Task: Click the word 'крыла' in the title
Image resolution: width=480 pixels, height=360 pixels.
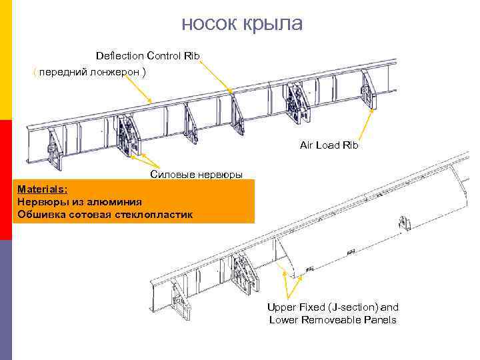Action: tap(274, 23)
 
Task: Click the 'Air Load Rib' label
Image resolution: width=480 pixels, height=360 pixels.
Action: tap(329, 145)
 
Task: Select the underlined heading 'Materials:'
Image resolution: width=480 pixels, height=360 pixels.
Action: tap(43, 189)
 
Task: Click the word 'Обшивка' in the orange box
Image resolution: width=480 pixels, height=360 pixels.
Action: tap(41, 215)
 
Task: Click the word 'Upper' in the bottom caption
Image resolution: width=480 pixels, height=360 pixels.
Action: tap(281, 307)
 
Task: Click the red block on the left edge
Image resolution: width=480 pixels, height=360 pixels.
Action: tap(6, 180)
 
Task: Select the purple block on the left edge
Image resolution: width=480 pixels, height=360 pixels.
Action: tap(6, 300)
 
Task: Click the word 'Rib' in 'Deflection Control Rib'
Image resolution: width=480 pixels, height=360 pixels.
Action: tap(192, 55)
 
